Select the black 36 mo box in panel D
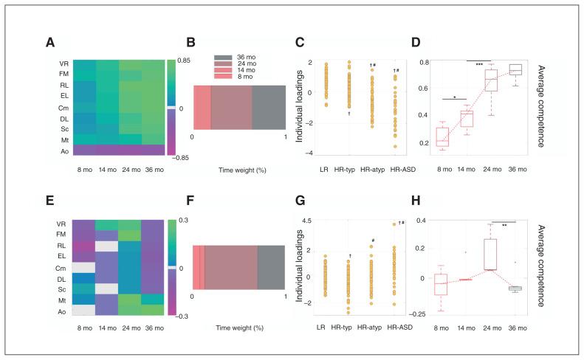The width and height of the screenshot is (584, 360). (532, 69)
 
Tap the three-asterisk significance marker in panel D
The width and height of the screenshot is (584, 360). (480, 64)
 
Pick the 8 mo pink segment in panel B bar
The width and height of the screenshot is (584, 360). (202, 108)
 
